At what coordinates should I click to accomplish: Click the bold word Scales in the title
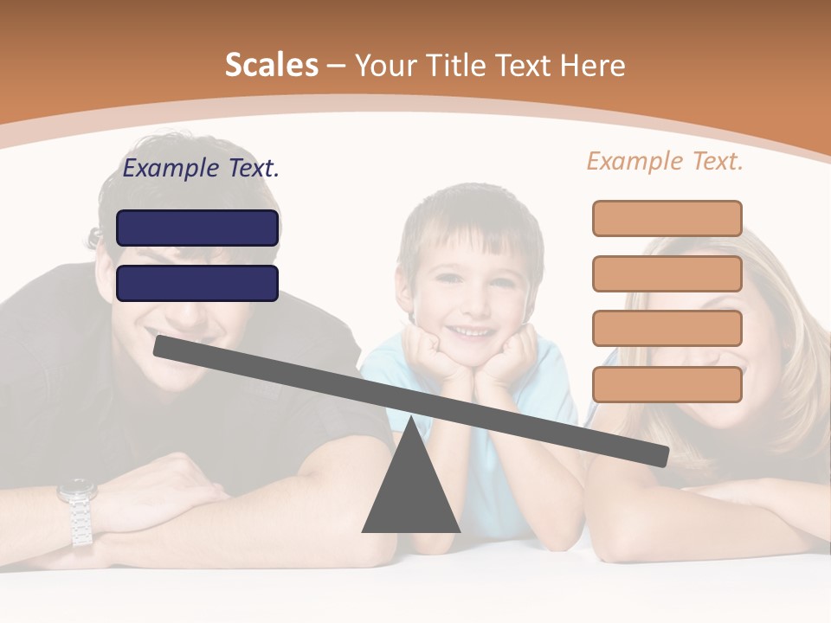point(271,66)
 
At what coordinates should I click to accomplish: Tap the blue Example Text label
point(201,169)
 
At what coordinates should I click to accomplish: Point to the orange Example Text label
point(665,161)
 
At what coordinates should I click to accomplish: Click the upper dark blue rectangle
point(197,228)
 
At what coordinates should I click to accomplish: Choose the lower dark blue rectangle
point(197,283)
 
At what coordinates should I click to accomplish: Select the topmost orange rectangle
point(667,218)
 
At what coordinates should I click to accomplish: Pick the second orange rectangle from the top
point(667,273)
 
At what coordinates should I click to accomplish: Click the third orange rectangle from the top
point(667,328)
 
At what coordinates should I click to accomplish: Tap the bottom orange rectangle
point(667,384)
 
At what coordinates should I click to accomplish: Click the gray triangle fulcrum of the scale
point(410,493)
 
